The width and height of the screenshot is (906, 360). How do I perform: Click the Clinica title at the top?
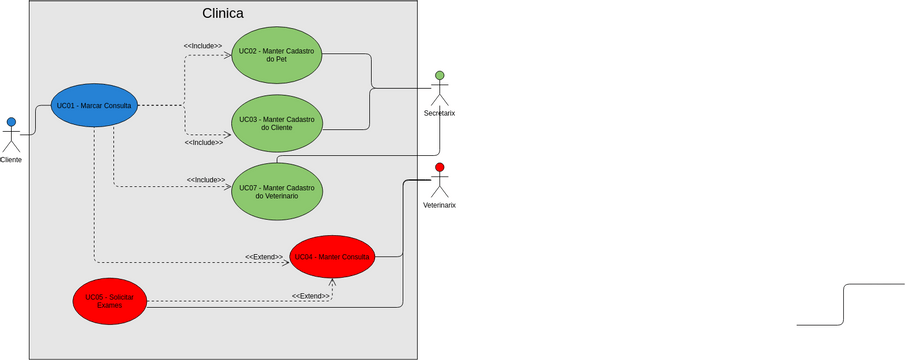click(222, 14)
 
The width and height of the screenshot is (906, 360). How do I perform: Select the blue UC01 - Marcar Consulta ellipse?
click(94, 105)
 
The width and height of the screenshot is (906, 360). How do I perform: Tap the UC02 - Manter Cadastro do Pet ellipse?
click(277, 54)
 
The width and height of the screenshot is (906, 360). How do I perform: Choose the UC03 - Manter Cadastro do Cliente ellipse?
click(277, 123)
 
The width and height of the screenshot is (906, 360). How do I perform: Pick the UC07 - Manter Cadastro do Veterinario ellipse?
click(277, 191)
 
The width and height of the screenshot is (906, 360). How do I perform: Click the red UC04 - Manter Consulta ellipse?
click(332, 257)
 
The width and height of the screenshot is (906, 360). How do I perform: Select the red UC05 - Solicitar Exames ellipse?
click(110, 300)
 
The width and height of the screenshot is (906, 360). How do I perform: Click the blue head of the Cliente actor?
click(11, 122)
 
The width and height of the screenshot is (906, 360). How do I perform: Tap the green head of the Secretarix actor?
click(439, 75)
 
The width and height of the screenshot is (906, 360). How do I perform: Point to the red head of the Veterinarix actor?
click(439, 167)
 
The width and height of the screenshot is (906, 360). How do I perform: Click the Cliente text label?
click(11, 160)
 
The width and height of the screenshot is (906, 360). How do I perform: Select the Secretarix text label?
click(439, 113)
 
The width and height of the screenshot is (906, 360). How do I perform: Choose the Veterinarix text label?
click(439, 205)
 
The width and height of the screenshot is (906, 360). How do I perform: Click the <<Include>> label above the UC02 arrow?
click(203, 45)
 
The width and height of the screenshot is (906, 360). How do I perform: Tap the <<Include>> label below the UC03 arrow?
click(203, 143)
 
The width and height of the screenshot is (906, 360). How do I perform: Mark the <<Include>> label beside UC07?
click(205, 180)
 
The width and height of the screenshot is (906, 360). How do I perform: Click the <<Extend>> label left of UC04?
click(264, 257)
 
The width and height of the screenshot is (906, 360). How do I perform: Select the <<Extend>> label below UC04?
click(310, 296)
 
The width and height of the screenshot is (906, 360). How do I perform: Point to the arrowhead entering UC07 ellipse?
click(228, 187)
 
